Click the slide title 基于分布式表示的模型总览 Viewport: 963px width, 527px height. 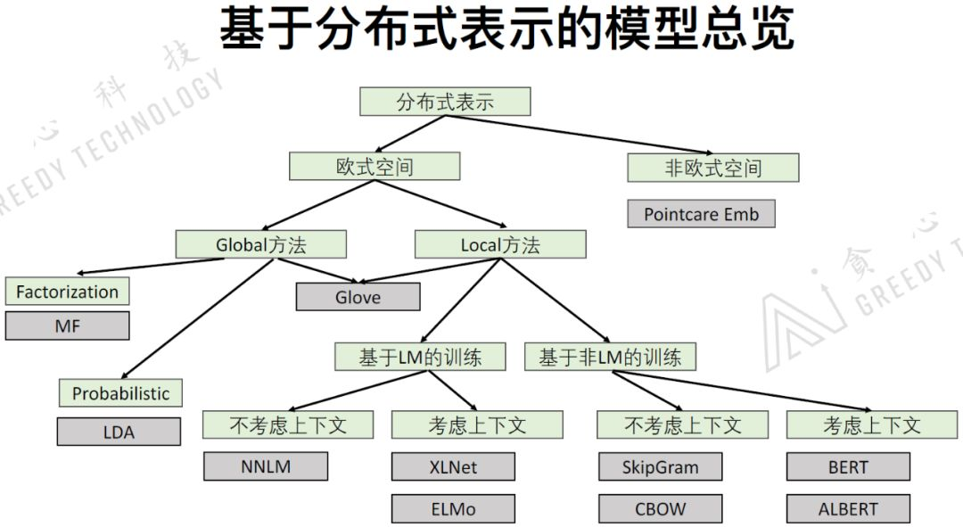506,30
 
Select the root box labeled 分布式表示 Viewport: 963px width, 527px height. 445,102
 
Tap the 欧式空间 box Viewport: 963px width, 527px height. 374,167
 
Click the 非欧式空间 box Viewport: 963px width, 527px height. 713,168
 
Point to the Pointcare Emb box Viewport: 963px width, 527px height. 702,214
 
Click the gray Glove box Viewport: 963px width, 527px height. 358,297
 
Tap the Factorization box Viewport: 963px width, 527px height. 67,292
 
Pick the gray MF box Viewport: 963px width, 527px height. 67,325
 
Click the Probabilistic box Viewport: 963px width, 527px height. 120,393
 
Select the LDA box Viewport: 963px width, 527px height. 119,432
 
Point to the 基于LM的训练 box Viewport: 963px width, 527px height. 420,358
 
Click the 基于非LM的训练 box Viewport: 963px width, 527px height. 610,358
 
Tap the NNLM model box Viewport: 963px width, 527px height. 266,466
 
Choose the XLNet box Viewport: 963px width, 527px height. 453,466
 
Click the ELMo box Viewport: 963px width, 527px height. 453,509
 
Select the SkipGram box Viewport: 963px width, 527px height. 660,466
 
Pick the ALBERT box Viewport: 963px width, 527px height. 848,509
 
